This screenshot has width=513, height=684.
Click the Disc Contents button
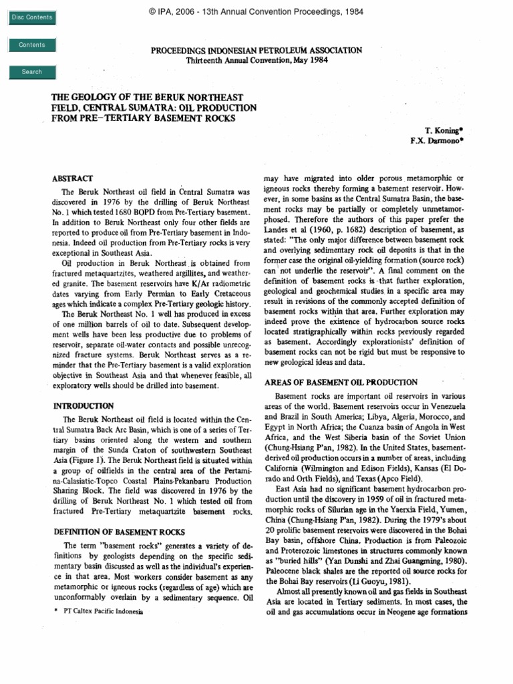(32, 17)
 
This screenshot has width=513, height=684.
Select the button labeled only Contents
(32, 45)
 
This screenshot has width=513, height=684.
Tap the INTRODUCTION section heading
(83, 405)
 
